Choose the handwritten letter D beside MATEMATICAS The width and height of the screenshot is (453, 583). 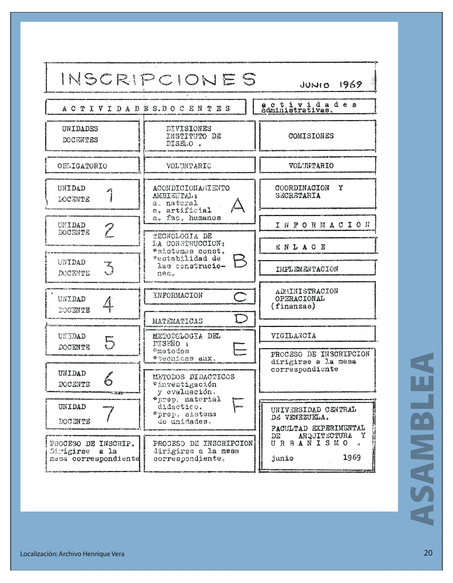[240, 318]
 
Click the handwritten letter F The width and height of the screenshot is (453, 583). [237, 405]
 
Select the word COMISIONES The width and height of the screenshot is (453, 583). [311, 137]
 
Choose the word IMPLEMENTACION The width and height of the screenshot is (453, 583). [307, 269]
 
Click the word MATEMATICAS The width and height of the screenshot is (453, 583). [177, 321]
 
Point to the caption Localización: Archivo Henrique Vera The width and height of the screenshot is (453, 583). [72, 554]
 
